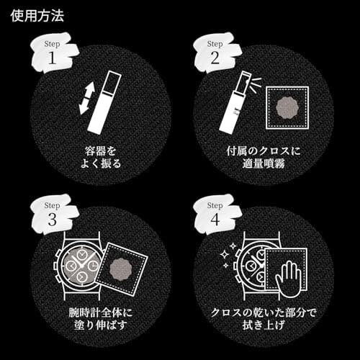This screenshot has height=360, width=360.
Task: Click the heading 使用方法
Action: (37, 16)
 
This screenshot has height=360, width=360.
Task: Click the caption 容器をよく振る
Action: (101, 158)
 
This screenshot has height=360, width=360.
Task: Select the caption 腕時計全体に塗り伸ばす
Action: (101, 318)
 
